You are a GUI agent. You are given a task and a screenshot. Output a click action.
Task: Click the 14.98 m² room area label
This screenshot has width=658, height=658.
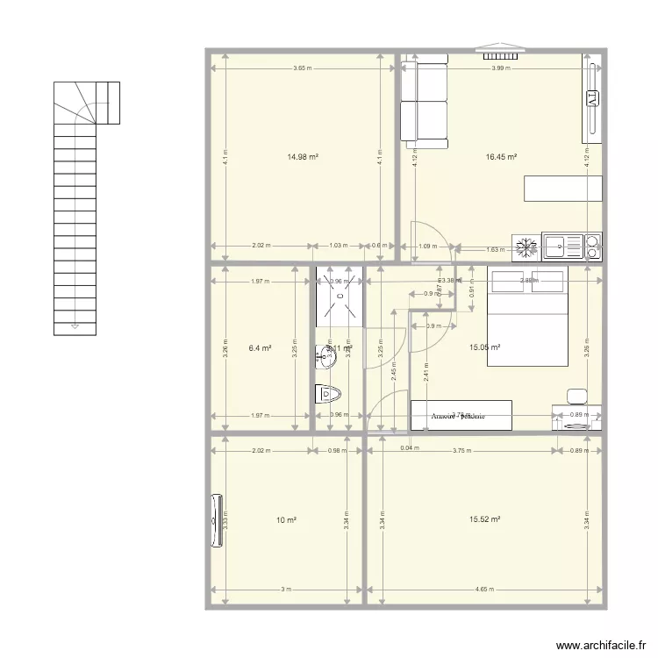pos(303,158)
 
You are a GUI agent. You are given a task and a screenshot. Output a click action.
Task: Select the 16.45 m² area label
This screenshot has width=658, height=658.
pos(501,158)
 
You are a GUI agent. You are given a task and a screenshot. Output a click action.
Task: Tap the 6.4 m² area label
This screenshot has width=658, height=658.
pos(259,347)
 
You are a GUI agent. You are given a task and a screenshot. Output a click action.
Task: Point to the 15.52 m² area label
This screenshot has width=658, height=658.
pos(484,519)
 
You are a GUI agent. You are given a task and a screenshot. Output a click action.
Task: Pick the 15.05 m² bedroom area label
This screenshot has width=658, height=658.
pos(484,347)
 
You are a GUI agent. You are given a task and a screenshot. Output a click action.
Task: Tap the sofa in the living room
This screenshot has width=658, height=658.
pos(425,98)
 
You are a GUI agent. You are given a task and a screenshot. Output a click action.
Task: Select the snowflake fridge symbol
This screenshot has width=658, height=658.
pos(527,247)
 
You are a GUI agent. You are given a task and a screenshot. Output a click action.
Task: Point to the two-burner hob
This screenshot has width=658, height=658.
pos(593,247)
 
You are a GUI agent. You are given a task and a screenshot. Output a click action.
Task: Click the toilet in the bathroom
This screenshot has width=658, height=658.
pos(327,395)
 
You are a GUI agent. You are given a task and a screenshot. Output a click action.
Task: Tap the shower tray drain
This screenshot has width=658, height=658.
pos(339,282)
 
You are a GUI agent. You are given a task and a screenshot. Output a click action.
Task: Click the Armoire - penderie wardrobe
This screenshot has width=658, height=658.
pos(461,416)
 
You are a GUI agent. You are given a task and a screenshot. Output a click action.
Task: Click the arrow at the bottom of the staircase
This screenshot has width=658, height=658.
pos(75,326)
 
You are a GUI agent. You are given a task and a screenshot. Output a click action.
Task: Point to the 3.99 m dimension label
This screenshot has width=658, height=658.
pos(500,68)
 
